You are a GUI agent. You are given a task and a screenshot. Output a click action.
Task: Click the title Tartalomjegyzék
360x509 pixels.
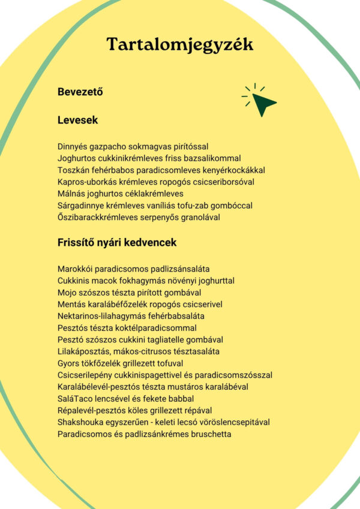tap(180, 44)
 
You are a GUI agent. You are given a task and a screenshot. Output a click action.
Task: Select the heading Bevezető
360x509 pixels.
tap(80, 92)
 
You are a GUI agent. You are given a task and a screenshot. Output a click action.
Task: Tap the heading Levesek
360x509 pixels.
tap(78, 121)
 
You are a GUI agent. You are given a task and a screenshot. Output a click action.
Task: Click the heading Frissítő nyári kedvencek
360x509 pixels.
tap(117, 243)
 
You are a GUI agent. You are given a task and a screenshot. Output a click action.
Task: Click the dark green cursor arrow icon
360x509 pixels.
tap(262, 103)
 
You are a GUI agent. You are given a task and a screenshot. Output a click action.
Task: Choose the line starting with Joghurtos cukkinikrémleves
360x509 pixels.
tap(149, 158)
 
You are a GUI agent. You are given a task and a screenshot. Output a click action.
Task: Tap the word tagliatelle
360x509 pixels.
tap(171, 340)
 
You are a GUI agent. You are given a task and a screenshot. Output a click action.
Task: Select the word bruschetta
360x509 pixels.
tap(210, 434)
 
